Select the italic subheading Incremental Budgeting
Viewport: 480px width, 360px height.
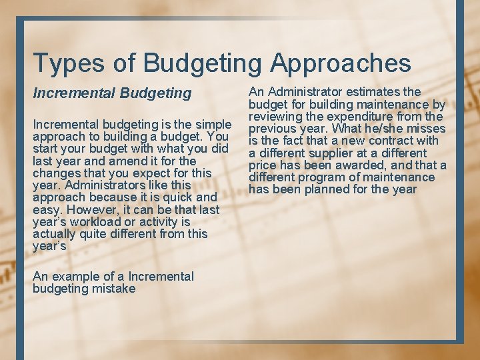112,93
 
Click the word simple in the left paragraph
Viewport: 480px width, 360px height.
212,124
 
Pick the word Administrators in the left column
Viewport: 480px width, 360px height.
98,185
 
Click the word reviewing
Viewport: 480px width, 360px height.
277,116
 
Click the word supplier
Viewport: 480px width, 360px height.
333,153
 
